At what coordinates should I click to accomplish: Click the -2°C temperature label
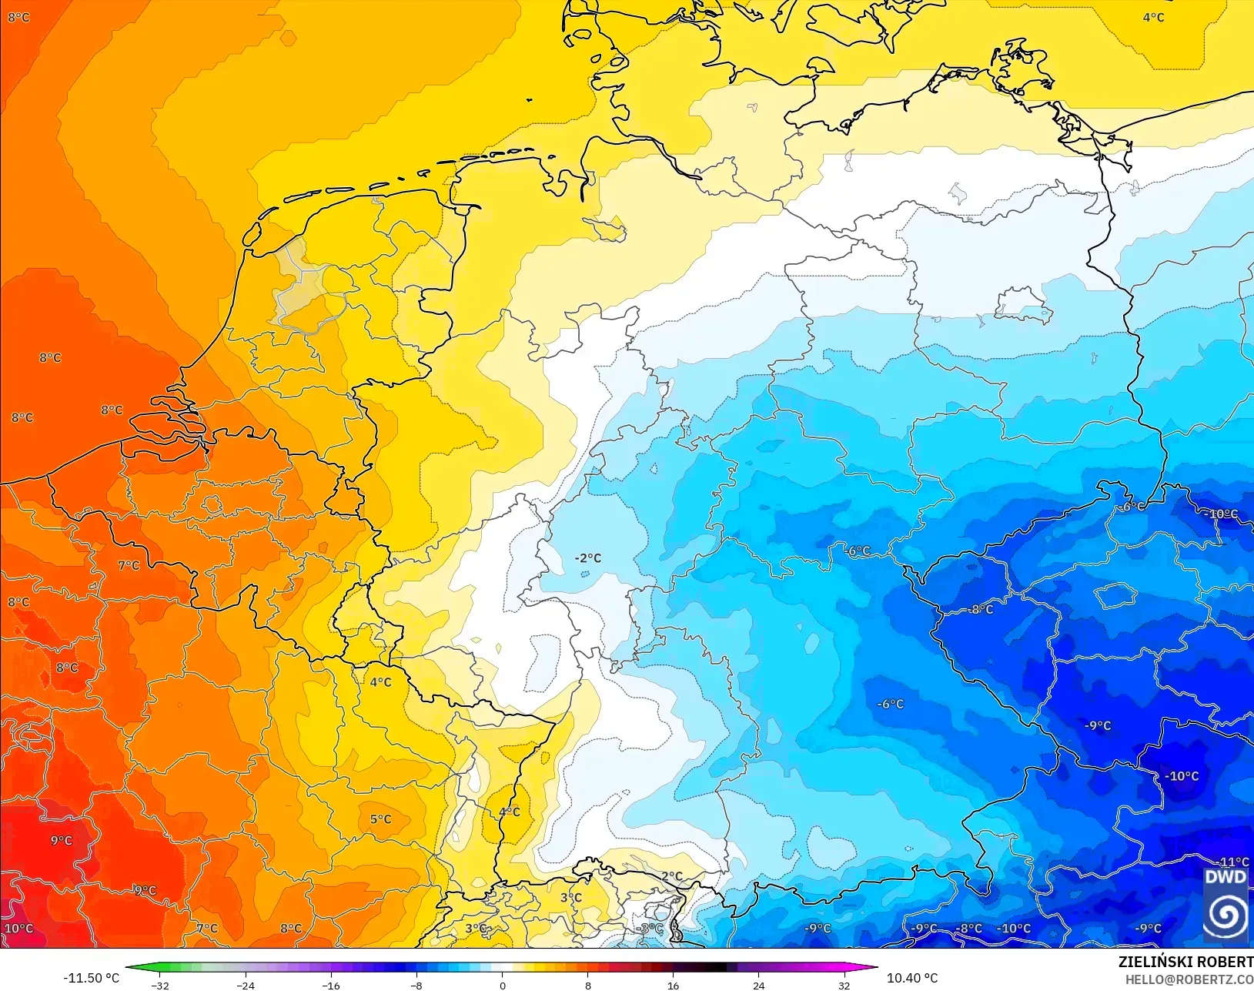click(x=588, y=558)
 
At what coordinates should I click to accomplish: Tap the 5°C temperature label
click(x=380, y=819)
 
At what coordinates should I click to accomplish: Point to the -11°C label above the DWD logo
click(x=1233, y=862)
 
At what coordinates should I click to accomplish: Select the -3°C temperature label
click(x=650, y=929)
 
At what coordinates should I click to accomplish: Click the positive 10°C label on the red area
click(x=19, y=929)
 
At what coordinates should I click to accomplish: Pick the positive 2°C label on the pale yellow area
click(x=671, y=876)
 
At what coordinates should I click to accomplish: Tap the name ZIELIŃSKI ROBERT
click(x=1185, y=963)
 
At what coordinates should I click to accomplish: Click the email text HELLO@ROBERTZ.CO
click(x=1189, y=980)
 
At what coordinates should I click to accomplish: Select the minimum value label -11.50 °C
click(x=91, y=978)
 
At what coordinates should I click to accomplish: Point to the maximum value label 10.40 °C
click(x=912, y=978)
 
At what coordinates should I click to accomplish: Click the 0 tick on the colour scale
click(x=503, y=986)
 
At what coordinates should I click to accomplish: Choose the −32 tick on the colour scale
click(x=160, y=986)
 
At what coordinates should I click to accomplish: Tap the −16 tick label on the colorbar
click(x=331, y=986)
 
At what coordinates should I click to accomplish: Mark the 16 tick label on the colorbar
click(x=674, y=986)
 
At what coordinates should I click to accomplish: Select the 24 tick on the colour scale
click(x=759, y=986)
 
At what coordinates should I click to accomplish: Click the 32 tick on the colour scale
click(x=844, y=986)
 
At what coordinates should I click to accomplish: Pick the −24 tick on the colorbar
click(x=246, y=986)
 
